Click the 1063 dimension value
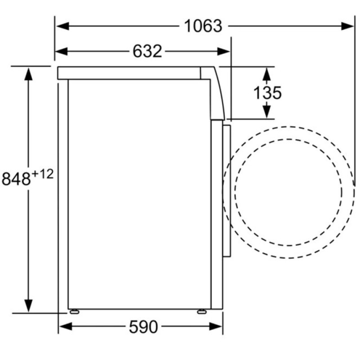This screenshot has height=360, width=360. [203, 26]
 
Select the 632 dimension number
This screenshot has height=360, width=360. [147, 51]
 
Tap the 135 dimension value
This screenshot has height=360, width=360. [267, 93]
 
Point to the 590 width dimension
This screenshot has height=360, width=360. [143, 327]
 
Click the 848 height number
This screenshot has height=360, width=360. [16, 179]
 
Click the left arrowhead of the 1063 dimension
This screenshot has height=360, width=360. [63, 26]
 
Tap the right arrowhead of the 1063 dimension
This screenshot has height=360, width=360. [347, 26]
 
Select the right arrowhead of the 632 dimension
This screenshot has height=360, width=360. [223, 51]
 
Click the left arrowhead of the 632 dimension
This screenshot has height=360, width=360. [62, 51]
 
